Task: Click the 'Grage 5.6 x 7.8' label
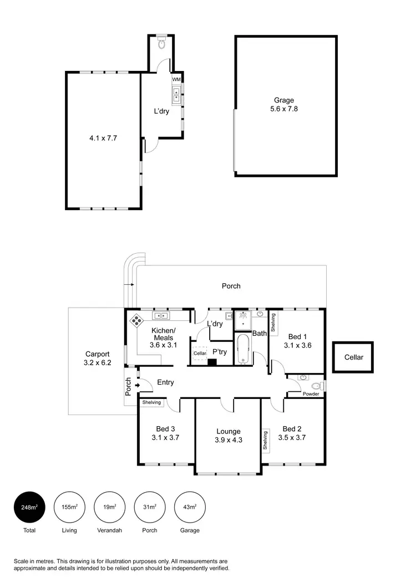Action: [283, 105]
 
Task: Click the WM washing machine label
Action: [176, 80]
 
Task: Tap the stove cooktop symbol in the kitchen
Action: [136, 320]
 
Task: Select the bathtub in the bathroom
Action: [242, 349]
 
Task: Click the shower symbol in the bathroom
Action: [242, 320]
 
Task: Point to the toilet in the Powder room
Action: [316, 386]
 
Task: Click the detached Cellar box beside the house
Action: [353, 357]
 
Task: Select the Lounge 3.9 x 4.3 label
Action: [229, 436]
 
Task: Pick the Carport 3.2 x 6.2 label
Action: [97, 359]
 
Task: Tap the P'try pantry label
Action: [220, 352]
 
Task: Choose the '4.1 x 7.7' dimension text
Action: [104, 139]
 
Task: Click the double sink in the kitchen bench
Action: [161, 316]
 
